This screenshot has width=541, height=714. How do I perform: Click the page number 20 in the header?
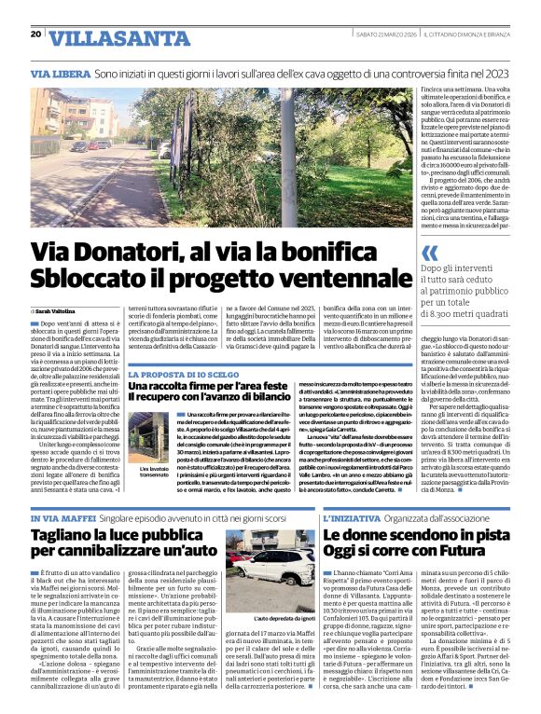click(35, 34)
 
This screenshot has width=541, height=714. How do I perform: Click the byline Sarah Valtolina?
click(58, 309)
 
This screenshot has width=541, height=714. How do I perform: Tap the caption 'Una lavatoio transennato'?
click(154, 472)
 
